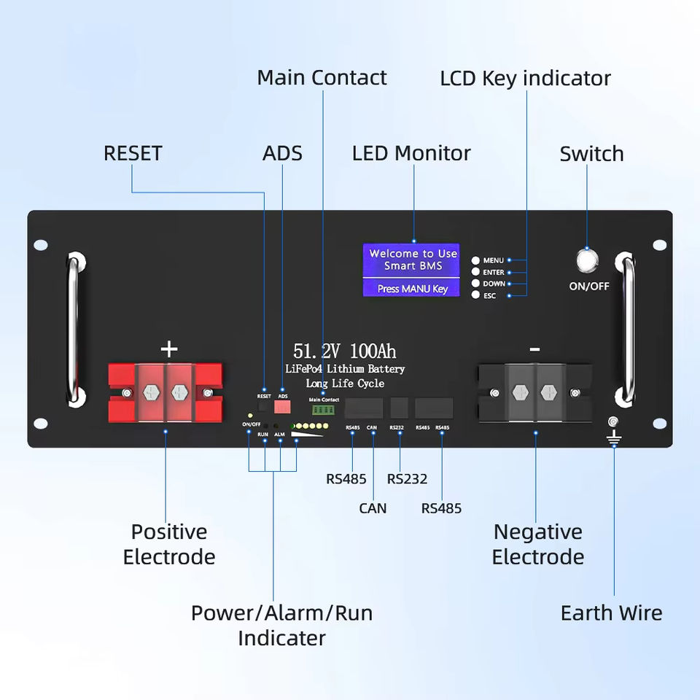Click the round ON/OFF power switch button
[587, 260]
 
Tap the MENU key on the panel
[475, 260]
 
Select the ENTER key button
[475, 272]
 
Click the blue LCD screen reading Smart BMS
[412, 270]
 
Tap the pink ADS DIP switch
[282, 408]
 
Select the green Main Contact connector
[323, 411]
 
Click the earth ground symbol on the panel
[614, 436]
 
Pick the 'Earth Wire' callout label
[611, 613]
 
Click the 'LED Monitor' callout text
[411, 153]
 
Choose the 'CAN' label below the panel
[373, 508]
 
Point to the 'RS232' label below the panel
[407, 479]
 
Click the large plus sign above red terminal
[169, 349]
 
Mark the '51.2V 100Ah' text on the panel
[344, 351]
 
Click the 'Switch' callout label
[591, 154]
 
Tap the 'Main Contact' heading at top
[322, 77]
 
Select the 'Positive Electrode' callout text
[169, 544]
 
